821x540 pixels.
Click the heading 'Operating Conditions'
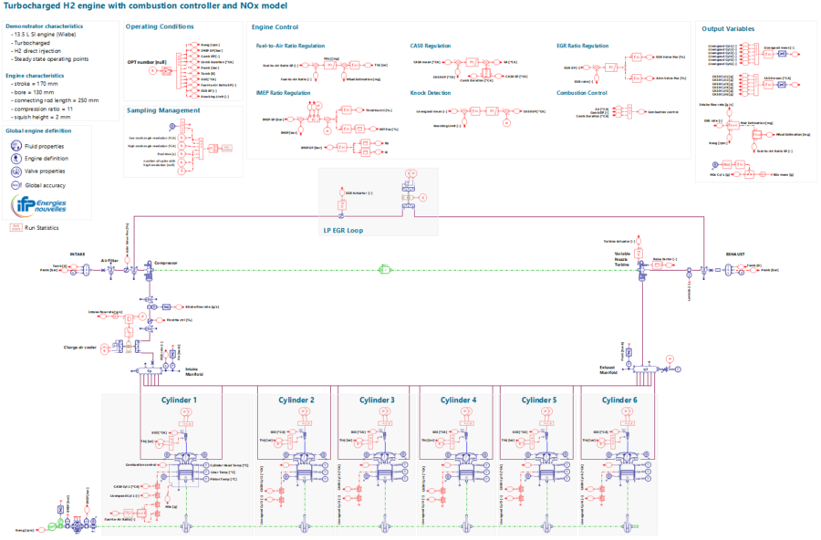pyautogui.click(x=160, y=27)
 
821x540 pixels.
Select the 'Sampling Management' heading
pyautogui.click(x=163, y=110)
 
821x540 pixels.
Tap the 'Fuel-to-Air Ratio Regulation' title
pyautogui.click(x=291, y=45)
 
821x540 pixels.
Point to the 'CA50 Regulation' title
pyautogui.click(x=431, y=45)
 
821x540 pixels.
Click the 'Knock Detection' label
pyautogui.click(x=431, y=92)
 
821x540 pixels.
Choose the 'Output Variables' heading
pyautogui.click(x=728, y=28)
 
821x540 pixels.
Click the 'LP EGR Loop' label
pyautogui.click(x=342, y=230)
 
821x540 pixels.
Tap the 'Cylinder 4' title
pyautogui.click(x=458, y=400)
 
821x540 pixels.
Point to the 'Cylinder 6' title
pyautogui.click(x=621, y=400)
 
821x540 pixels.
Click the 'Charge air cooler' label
pyautogui.click(x=80, y=348)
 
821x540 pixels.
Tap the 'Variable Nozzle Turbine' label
pyautogui.click(x=622, y=257)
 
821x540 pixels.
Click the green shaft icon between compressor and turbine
pyautogui.click(x=385, y=269)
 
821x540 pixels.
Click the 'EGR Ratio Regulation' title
pyautogui.click(x=582, y=45)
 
